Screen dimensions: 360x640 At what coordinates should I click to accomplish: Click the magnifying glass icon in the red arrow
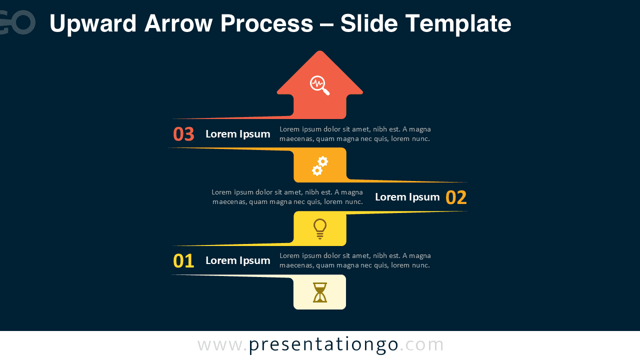[x=319, y=85]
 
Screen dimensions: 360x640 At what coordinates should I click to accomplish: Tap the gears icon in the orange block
[x=320, y=165]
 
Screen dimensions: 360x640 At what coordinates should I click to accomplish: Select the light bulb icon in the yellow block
[x=320, y=228]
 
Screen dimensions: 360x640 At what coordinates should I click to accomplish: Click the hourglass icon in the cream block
[x=320, y=292]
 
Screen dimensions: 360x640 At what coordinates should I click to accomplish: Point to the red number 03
[x=183, y=134]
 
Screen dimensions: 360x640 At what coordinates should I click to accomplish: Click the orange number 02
[x=456, y=197]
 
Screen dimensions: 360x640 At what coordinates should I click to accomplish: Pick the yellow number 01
[x=183, y=261]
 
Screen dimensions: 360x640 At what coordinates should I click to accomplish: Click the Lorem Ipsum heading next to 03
[x=237, y=134]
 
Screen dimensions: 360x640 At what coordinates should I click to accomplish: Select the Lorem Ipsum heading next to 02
[x=407, y=197]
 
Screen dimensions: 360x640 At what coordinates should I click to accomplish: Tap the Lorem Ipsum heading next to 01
[x=237, y=260]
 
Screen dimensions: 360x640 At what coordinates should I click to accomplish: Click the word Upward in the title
[x=93, y=23]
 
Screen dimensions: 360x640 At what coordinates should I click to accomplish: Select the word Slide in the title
[x=369, y=23]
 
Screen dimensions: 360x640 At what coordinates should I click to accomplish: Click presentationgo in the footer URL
[x=323, y=344]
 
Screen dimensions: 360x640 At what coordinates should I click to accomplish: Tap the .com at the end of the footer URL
[x=421, y=344]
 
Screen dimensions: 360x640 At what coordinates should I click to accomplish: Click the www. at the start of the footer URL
[x=222, y=344]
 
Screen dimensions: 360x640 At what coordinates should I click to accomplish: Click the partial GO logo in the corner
[x=17, y=22]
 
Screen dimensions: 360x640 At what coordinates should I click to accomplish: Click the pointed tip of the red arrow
[x=319, y=52]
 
